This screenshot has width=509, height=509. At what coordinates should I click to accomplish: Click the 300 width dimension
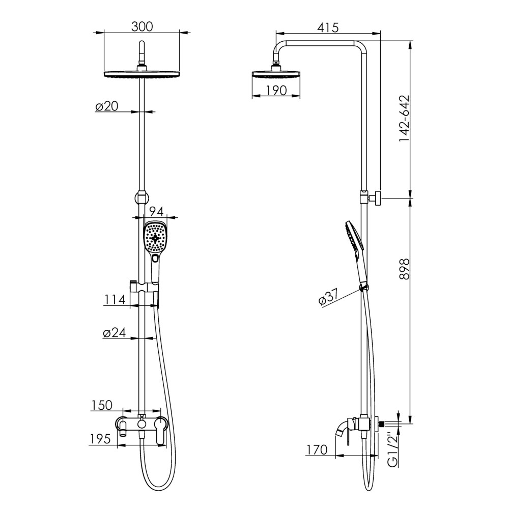click(x=142, y=26)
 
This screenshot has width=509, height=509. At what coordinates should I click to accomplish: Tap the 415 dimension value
click(x=327, y=27)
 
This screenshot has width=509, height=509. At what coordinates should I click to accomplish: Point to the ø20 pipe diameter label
click(x=107, y=106)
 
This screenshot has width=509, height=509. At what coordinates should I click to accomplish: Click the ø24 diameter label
click(x=114, y=333)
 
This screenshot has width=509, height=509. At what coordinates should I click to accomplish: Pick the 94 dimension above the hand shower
click(x=156, y=211)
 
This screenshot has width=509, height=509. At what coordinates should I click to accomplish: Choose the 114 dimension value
click(x=115, y=300)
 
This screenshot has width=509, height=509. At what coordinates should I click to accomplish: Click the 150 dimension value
click(x=102, y=406)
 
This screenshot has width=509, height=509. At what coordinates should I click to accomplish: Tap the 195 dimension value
click(x=100, y=439)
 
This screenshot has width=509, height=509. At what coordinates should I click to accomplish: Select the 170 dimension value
click(x=317, y=449)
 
